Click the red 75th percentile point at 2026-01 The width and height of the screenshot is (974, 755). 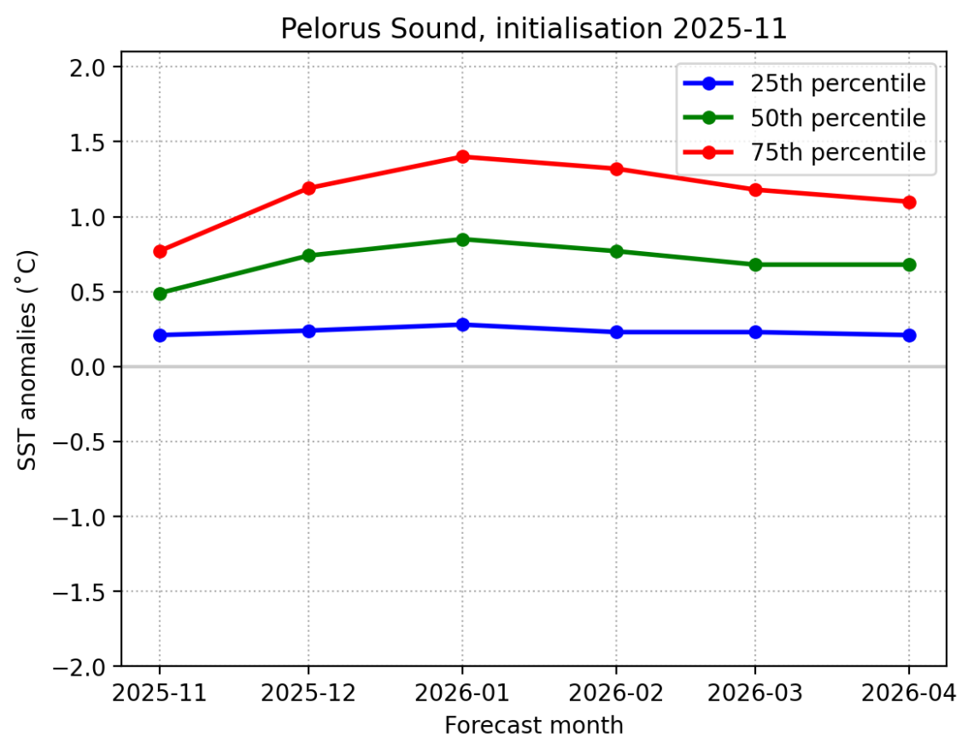462,157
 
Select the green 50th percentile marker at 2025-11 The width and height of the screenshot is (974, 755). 160,294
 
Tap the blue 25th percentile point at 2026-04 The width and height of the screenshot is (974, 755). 908,336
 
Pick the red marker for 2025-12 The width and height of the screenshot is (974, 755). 308,188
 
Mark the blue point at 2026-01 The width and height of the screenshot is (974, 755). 462,325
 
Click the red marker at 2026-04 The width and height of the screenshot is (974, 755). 908,202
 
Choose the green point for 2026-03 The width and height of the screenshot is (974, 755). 755,265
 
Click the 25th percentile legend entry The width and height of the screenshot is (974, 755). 837,84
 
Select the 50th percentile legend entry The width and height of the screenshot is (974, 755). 837,118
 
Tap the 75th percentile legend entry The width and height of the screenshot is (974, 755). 837,152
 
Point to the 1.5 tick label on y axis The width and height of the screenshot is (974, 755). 94,142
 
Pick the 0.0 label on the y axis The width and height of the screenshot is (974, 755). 94,367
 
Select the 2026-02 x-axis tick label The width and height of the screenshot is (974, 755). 615,691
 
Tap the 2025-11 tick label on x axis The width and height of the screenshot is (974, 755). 160,691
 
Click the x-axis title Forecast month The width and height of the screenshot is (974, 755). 533,726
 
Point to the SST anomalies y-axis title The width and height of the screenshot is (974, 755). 29,359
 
